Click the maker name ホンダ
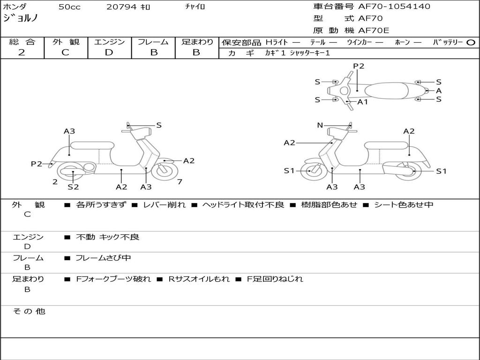point(15,7)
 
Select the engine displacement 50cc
point(68,7)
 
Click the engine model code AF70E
point(374,30)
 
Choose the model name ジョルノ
point(21,19)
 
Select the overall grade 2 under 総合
point(22,52)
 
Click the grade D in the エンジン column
point(109,52)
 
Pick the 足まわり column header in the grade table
point(197,42)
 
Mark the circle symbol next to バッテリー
point(471,42)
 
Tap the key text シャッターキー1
point(310,53)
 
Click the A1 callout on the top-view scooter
point(362,102)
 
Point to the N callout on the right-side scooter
point(320,125)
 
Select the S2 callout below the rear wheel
point(73,187)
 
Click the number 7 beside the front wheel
point(180,182)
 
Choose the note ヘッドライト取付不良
point(243,205)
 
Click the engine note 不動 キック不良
point(107,237)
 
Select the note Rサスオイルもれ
point(199,279)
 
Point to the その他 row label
point(29,311)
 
